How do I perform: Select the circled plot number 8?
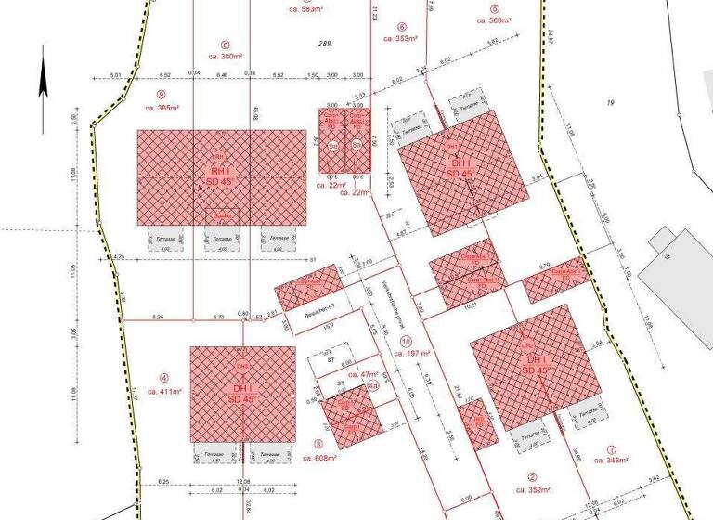[225, 44]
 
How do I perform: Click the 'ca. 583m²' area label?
[305, 9]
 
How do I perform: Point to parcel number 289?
[324, 44]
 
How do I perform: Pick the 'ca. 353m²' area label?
[401, 39]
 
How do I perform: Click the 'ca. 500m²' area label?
[494, 19]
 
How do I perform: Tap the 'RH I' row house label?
[219, 171]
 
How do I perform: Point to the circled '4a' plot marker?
[372, 384]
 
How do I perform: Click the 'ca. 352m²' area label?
[533, 489]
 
